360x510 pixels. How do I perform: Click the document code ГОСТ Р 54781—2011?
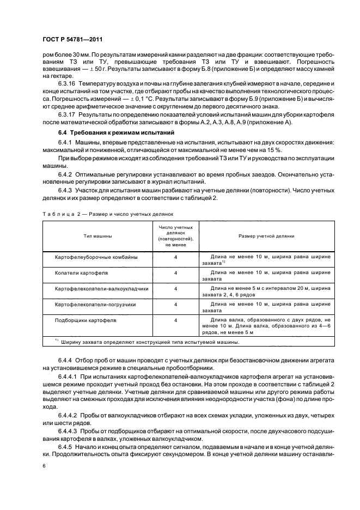[x=72, y=39]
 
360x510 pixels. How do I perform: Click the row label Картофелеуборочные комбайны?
[x=96, y=256]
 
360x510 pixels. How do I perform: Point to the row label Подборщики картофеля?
[x=86, y=320]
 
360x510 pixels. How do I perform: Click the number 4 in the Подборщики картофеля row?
[x=175, y=320]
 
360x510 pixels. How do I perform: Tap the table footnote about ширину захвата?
[x=147, y=342]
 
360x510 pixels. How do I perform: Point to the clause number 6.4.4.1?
[x=69, y=377]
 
